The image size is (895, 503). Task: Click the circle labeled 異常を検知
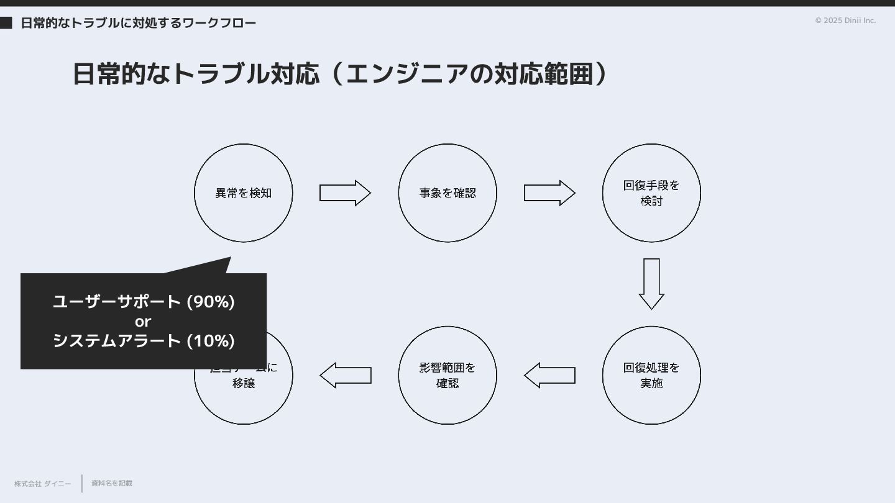pos(243,193)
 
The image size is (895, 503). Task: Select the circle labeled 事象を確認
pos(447,193)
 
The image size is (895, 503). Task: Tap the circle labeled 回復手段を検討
pos(651,193)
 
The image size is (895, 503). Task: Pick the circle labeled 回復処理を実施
pos(651,375)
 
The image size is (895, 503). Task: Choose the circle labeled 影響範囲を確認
pos(447,375)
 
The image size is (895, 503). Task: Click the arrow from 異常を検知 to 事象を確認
pos(345,193)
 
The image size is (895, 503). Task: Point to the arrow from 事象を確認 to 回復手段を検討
pos(549,193)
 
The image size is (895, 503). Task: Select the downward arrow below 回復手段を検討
pos(651,283)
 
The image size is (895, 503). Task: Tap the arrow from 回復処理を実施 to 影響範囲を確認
pos(549,375)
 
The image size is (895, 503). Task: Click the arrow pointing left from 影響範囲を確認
pos(346,375)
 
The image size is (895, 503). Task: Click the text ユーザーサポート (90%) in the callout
pos(144,302)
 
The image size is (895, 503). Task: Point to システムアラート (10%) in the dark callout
pos(144,341)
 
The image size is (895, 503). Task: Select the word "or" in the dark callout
pos(143,322)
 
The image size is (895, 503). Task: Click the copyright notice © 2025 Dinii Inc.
pos(845,20)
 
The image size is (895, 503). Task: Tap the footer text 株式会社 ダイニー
pos(43,484)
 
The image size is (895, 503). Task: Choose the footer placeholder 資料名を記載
pos(112,483)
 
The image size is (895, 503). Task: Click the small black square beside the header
pos(6,23)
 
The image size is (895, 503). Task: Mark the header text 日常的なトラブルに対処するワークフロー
pos(138,23)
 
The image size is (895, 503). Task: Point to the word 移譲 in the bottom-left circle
pos(244,383)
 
